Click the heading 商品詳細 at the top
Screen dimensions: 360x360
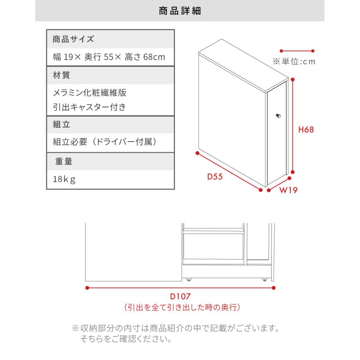coord(180,11)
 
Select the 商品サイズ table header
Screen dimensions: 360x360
coord(73,39)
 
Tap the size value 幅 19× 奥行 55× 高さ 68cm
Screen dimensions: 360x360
coord(109,57)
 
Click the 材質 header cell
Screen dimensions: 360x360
coord(62,75)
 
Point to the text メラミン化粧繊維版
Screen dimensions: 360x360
coord(90,93)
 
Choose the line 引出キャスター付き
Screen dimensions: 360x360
coord(90,107)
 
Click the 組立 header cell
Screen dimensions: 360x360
coord(62,124)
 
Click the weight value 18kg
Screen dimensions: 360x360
coord(64,179)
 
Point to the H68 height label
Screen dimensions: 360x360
coord(306,130)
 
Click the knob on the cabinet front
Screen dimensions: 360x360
coord(278,116)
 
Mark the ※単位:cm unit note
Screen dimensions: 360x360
coord(294,62)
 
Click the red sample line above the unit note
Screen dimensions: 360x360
coord(297,51)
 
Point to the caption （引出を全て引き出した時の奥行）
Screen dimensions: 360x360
coord(182,308)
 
